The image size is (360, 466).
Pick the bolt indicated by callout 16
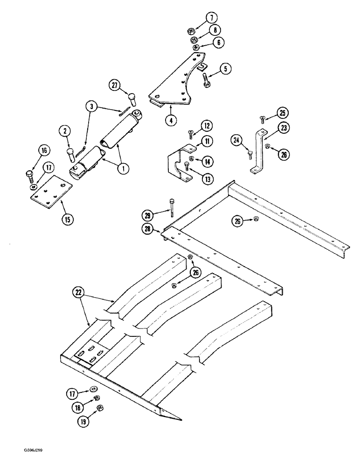(x=29, y=176)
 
